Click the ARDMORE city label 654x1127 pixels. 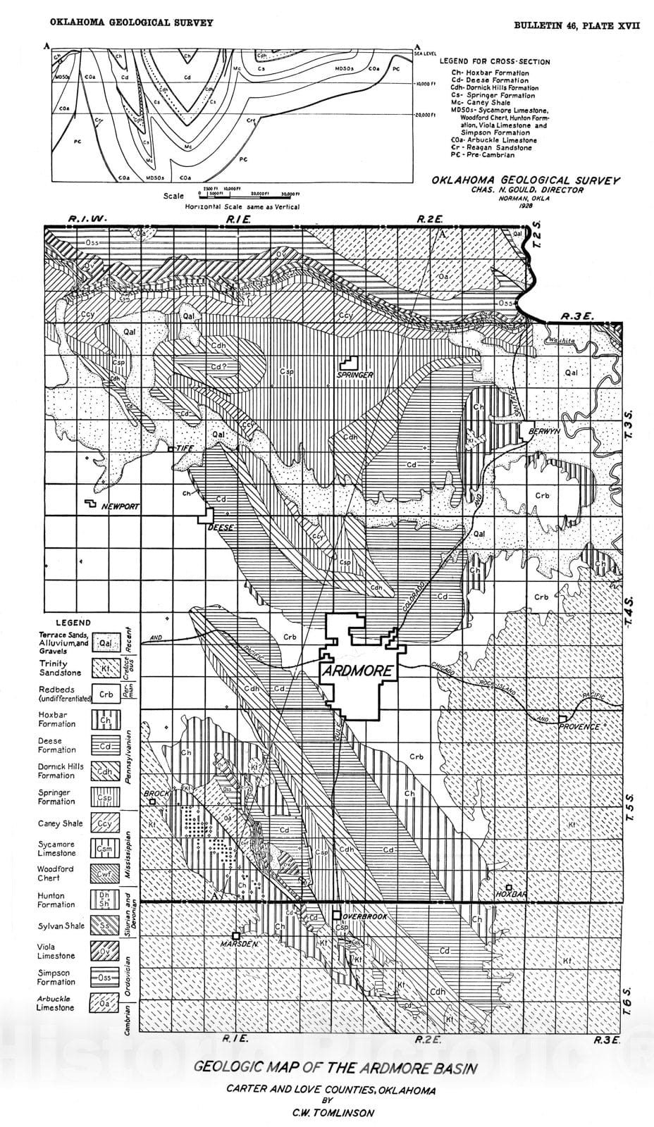tap(357, 671)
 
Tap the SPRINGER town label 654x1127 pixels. tap(354, 375)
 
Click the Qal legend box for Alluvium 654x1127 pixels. tap(105, 642)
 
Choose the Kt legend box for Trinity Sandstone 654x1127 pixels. tap(105, 668)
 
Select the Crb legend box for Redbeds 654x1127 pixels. tap(105, 694)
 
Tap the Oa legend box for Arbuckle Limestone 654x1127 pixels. tap(104, 1003)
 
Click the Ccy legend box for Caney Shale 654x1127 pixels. tap(104, 823)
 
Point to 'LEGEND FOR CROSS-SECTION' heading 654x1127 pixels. tap(495, 62)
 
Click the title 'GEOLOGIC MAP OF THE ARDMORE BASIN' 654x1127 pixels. tap(335, 1068)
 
